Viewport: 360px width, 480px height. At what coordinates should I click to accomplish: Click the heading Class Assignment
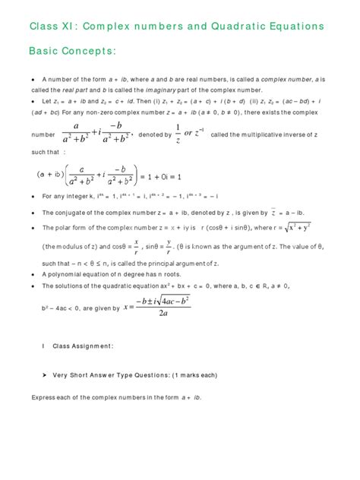point(83,346)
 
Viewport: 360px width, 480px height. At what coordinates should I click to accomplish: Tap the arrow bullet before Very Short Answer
point(46,375)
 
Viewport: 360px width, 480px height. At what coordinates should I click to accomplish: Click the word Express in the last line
point(44,397)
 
